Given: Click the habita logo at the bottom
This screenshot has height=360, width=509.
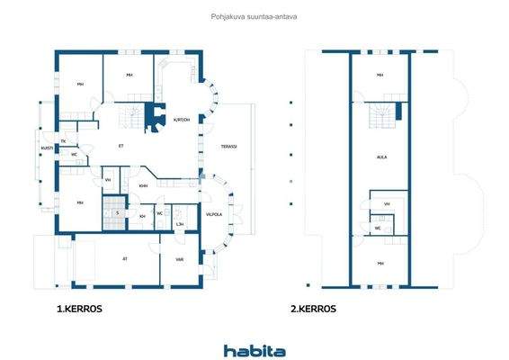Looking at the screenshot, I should click(254, 350).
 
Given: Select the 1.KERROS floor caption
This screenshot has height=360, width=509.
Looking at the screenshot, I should click(78, 308).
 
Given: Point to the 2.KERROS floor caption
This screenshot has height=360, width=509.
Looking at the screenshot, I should click(313, 308).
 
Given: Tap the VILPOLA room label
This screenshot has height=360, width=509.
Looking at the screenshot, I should click(213, 214).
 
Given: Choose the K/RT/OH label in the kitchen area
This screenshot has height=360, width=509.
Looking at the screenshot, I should click(182, 118).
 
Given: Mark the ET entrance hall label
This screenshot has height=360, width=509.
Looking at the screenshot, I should click(121, 146).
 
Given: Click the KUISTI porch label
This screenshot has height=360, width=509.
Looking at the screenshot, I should click(46, 148).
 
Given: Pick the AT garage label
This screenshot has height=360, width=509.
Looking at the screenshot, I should click(125, 258).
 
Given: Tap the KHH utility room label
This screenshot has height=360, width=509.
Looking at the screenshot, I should click(144, 185).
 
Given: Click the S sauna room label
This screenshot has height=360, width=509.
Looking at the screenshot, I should click(117, 213).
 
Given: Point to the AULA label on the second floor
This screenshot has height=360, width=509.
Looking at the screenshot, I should click(381, 156).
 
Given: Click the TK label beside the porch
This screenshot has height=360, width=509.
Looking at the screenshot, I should click(64, 141).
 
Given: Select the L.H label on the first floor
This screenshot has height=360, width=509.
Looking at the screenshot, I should click(180, 223).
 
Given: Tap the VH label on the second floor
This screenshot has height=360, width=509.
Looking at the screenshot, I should click(387, 204).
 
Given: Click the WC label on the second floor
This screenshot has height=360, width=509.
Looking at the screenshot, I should click(378, 228).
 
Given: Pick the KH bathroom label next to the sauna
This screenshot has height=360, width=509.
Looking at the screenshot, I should click(142, 216).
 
